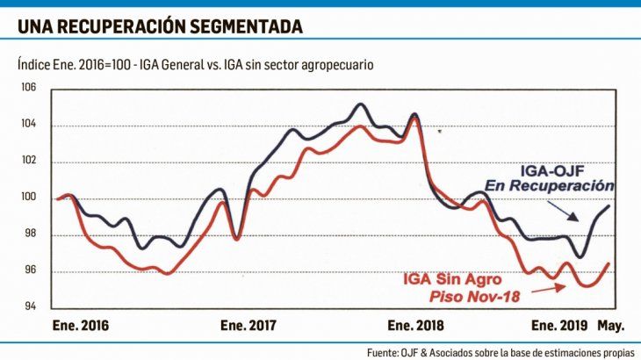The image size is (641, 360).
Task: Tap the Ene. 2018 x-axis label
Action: click(x=415, y=326)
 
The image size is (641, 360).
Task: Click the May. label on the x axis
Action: click(x=611, y=326)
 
